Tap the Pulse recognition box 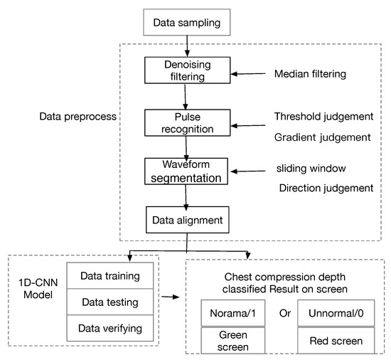[x=186, y=122]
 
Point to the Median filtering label [x=310, y=73]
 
